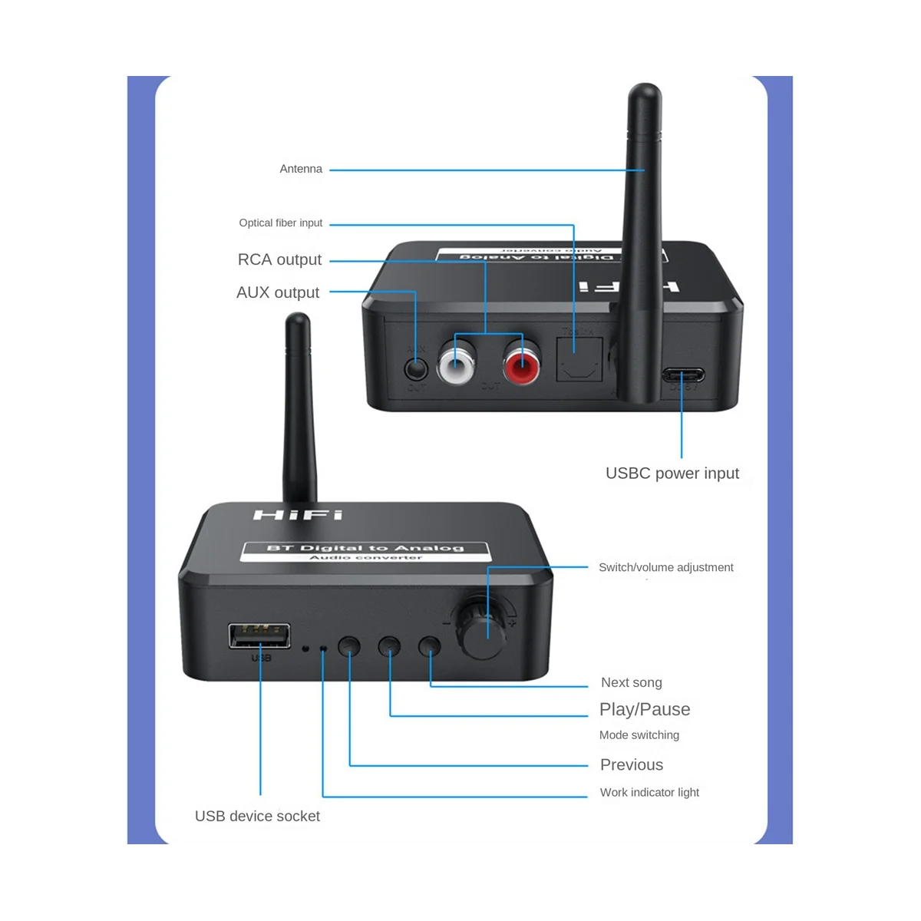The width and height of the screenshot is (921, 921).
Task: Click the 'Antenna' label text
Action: pos(301,169)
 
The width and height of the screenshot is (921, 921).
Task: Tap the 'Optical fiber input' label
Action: pos(281,223)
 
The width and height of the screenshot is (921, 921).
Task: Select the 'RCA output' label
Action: pos(279,259)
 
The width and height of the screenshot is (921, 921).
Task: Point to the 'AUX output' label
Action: pos(278,292)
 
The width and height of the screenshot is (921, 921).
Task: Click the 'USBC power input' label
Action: pos(672,473)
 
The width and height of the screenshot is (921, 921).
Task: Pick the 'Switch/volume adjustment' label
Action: pos(665,567)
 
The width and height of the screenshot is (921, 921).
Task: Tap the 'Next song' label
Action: pos(631,682)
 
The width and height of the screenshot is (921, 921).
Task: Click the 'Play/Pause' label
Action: pos(645,709)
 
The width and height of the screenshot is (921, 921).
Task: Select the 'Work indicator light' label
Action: pos(649,792)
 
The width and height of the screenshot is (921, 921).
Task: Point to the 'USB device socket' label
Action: pos(257,816)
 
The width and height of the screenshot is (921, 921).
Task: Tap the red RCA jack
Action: pos(522,358)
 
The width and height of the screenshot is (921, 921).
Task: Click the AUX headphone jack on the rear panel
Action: pos(415,367)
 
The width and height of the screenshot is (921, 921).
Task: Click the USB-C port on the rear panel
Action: pos(682,376)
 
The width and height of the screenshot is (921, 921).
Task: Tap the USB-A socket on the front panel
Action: pos(259,636)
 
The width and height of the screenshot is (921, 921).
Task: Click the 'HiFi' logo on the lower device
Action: pos(298,514)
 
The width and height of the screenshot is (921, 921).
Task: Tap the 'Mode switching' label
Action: pos(639,734)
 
